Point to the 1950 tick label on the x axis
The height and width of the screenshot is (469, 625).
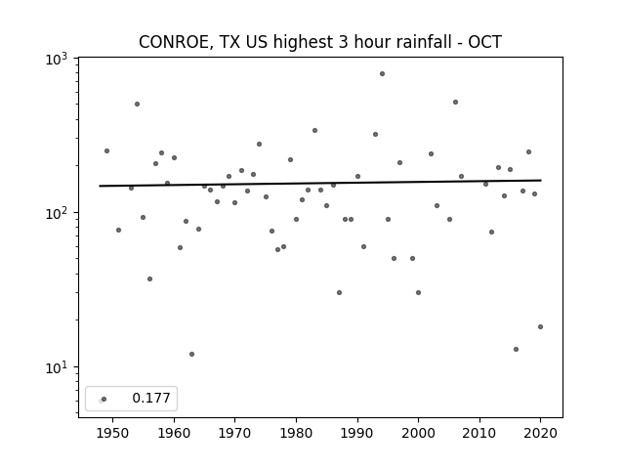tap(113, 433)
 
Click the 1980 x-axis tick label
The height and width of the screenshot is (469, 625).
tap(296, 433)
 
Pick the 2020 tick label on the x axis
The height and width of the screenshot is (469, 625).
tap(540, 433)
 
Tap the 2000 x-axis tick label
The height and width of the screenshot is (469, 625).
tap(418, 433)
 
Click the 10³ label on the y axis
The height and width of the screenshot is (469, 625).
tap(57, 60)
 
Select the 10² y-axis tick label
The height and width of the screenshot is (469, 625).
tap(57, 214)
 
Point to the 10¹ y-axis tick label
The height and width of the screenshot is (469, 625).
tap(57, 368)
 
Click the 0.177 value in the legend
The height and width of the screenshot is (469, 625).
tap(151, 398)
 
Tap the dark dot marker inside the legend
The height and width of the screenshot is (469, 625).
tap(104, 400)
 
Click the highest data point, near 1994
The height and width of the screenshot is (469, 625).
tap(382, 74)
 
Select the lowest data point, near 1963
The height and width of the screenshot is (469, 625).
tap(191, 354)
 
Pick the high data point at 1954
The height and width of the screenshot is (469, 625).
tap(137, 105)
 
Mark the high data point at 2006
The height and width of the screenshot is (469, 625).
tap(456, 102)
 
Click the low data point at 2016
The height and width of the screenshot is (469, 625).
tap(517, 350)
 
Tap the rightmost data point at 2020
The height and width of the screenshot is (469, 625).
tap(540, 326)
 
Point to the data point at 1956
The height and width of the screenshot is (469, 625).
tap(149, 278)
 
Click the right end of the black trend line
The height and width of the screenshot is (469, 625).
tap(541, 180)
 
